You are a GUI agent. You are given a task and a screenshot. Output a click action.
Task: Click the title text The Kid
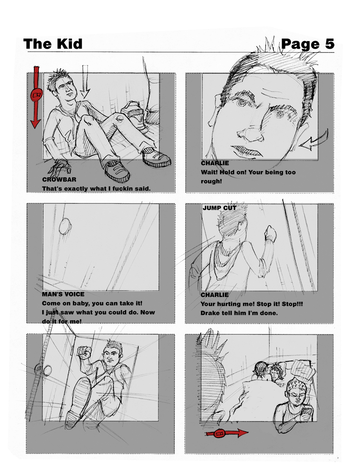click(53, 44)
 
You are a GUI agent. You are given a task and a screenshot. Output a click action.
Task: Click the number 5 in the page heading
click(330, 44)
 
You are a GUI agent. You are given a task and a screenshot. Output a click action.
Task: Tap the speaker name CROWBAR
click(59, 180)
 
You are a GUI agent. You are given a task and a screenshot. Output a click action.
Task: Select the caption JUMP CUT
click(219, 208)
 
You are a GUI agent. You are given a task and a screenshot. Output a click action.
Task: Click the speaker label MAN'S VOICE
click(63, 294)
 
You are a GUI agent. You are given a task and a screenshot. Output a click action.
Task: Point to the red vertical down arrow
click(36, 97)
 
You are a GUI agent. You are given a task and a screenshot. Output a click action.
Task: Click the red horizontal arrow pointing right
click(227, 434)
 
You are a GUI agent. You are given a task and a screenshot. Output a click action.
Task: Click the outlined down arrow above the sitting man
click(86, 82)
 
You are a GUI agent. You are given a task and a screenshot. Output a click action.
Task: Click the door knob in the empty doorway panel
click(65, 227)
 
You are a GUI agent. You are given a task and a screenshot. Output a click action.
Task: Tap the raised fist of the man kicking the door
click(84, 353)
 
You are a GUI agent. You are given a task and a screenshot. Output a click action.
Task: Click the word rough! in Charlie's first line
click(211, 181)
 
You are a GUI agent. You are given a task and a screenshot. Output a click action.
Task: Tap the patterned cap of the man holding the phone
click(296, 384)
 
